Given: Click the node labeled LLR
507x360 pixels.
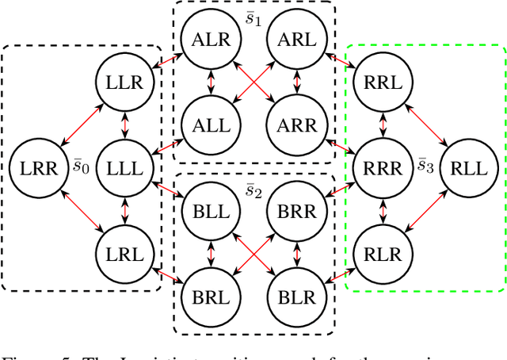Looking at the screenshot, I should [x=123, y=81].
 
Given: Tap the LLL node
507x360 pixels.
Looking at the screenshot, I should [x=123, y=167].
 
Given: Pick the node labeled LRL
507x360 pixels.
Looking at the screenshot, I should [x=123, y=254].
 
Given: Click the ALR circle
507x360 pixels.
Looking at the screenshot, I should [x=209, y=37].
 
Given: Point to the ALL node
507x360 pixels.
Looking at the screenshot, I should [x=209, y=124].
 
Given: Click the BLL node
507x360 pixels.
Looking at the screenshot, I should [x=209, y=211].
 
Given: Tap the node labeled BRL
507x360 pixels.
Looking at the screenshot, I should [x=209, y=297].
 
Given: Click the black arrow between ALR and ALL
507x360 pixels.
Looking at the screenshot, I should [x=209, y=81].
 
